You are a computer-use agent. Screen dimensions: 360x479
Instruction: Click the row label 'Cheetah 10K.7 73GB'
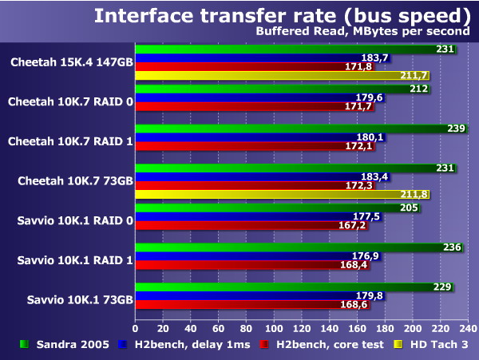pyautogui.click(x=75, y=181)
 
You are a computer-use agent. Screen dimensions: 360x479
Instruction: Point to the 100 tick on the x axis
pyautogui.click(x=275, y=329)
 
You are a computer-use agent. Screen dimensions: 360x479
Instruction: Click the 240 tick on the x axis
pyautogui.click(x=467, y=329)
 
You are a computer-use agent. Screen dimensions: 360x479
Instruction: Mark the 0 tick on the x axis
pyautogui.click(x=136, y=329)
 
